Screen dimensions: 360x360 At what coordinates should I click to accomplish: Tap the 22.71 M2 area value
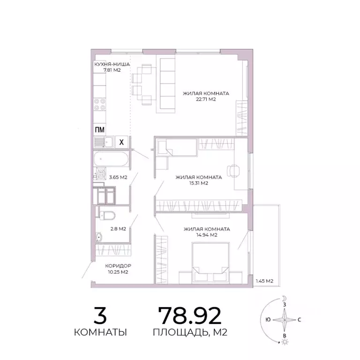(206, 99)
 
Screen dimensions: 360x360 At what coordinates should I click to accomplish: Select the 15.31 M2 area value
(199, 183)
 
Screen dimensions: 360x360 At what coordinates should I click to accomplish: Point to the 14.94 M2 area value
(207, 235)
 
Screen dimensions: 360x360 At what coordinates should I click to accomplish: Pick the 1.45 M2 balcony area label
(265, 281)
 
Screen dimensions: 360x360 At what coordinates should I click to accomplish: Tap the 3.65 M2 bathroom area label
(118, 177)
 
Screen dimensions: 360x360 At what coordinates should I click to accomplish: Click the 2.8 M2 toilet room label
(118, 229)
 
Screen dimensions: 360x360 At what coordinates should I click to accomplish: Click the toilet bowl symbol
(107, 216)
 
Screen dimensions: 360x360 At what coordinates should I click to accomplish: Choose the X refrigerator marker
(121, 142)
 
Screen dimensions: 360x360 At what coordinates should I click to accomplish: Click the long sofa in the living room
(166, 84)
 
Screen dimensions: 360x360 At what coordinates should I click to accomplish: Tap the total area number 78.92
(189, 316)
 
